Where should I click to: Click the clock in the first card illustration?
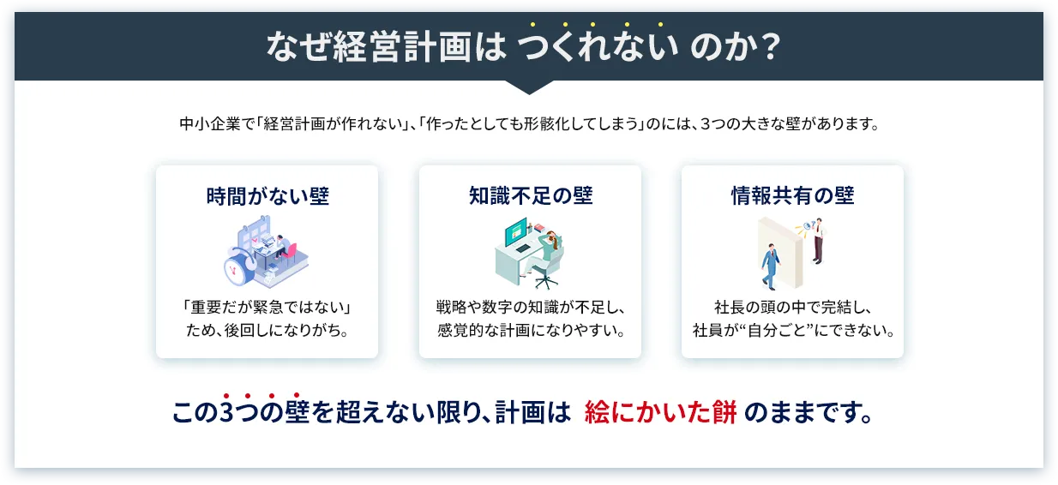tap(234, 268)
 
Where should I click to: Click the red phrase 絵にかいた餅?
tap(660, 414)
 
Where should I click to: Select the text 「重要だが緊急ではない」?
tap(267, 307)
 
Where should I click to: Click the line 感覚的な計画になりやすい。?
tap(530, 329)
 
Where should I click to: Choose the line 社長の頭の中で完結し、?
tap(792, 307)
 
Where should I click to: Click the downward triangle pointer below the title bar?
tap(529, 87)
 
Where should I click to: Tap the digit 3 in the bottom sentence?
tap(226, 414)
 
